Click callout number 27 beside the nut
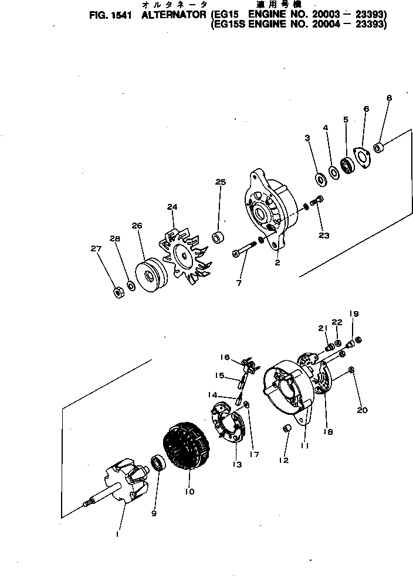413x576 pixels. tap(96, 249)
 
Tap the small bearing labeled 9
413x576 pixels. tap(158, 463)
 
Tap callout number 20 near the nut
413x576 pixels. tap(363, 410)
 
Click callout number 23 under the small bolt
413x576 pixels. tap(324, 236)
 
